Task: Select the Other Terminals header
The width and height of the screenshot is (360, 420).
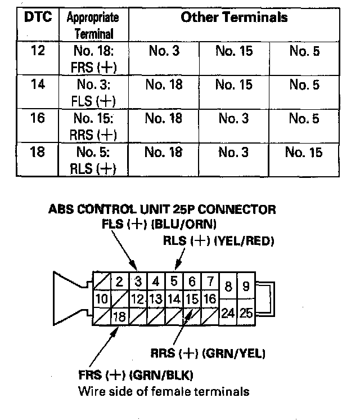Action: tap(234, 17)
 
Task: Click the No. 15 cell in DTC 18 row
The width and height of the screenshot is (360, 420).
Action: tap(303, 153)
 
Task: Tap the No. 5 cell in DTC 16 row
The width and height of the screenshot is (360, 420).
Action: tap(304, 118)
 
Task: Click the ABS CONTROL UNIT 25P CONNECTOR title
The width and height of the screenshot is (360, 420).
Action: tap(162, 210)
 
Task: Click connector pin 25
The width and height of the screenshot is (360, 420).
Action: tap(246, 313)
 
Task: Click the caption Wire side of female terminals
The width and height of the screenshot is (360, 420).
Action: tap(164, 391)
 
